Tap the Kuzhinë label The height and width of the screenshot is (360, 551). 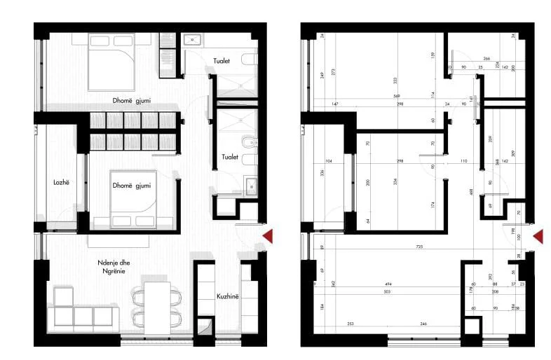pyautogui.click(x=228, y=296)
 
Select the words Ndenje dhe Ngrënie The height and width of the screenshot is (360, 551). pyautogui.click(x=111, y=267)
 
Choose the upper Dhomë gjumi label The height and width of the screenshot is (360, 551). pyautogui.click(x=132, y=100)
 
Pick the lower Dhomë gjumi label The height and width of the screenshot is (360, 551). pyautogui.click(x=132, y=185)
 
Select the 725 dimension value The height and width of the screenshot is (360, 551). pyautogui.click(x=419, y=247)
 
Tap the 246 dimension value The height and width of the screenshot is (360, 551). pyautogui.click(x=423, y=324)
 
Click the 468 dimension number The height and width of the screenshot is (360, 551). pyautogui.click(x=471, y=191)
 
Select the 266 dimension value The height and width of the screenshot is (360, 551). pyautogui.click(x=487, y=59)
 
